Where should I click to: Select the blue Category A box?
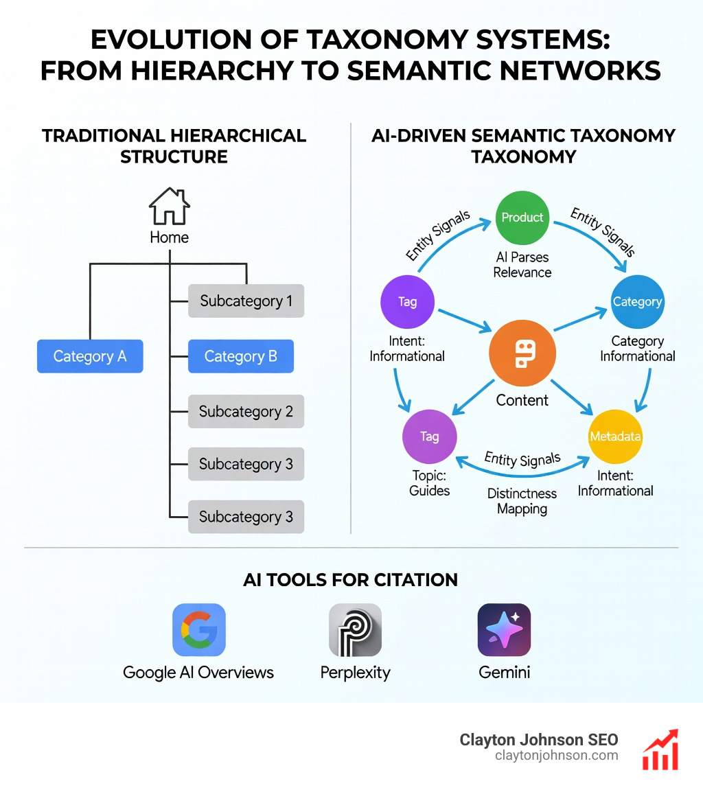click(90, 356)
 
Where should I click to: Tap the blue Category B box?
click(241, 356)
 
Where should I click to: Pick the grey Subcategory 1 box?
click(246, 301)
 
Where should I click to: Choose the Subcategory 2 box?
click(246, 412)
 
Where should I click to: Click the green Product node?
click(522, 218)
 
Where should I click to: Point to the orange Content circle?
click(522, 355)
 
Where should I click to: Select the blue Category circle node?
click(637, 301)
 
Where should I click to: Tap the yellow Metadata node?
click(615, 437)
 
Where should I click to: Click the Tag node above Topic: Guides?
click(429, 436)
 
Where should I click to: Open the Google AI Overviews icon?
click(198, 630)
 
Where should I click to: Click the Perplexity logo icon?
click(355, 630)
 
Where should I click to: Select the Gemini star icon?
click(504, 630)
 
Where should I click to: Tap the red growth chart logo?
click(660, 749)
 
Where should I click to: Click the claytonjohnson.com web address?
click(556, 756)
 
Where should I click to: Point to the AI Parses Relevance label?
click(522, 264)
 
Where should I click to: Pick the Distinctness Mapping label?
click(522, 501)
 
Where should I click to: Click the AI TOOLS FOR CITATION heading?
click(350, 580)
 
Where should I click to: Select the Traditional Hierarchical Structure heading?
click(174, 145)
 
